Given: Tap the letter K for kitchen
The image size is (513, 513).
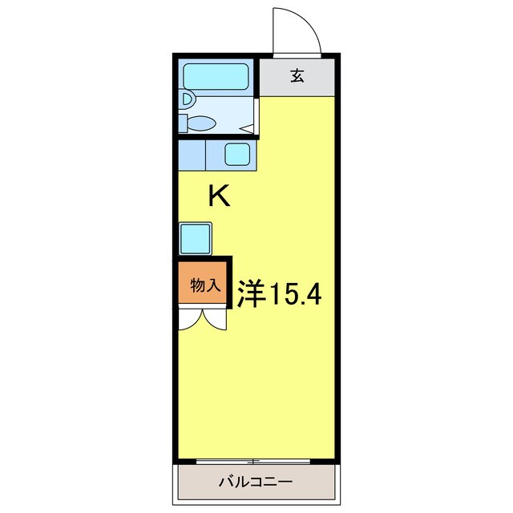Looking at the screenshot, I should (x=220, y=197).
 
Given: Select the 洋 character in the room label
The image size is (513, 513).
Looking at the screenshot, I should (x=250, y=295).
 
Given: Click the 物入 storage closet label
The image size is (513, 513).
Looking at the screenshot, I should (x=204, y=285).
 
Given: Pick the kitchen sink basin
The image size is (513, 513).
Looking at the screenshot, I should (x=238, y=154).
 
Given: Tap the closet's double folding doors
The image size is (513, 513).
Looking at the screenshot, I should (x=202, y=320).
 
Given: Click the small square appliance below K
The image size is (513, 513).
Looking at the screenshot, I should (x=196, y=238).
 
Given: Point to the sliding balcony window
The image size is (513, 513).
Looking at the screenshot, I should (x=253, y=461).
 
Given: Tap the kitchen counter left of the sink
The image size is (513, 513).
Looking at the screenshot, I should (x=192, y=154).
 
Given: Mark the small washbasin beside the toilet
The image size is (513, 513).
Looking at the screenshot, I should (x=186, y=100).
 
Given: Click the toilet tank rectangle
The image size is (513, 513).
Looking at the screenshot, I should (x=183, y=123).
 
